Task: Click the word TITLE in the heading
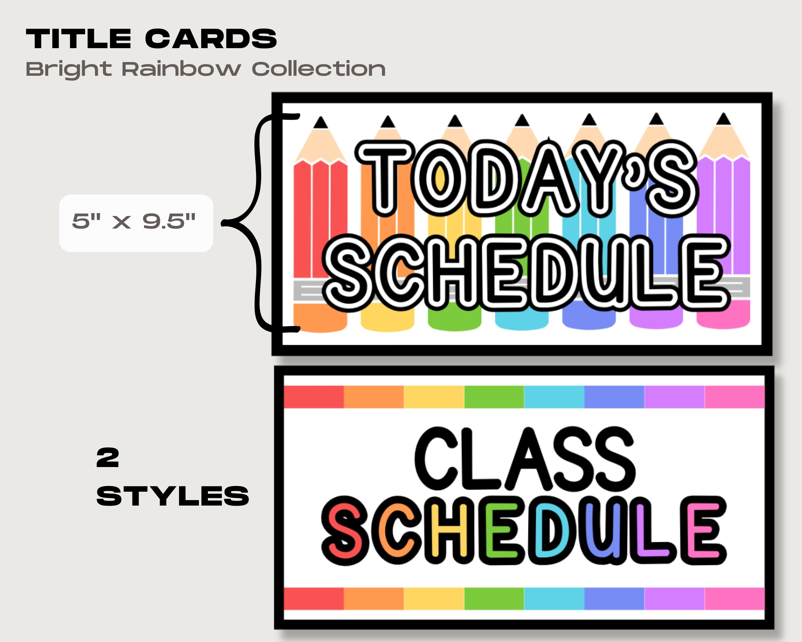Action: click(79, 39)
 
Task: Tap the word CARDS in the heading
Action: click(211, 39)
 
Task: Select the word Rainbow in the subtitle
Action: click(182, 69)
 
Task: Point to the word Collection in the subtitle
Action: click(319, 69)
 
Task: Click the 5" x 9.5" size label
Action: click(134, 221)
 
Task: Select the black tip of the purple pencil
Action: click(723, 119)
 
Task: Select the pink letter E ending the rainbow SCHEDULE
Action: click(703, 530)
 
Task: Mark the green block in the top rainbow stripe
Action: click(494, 397)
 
